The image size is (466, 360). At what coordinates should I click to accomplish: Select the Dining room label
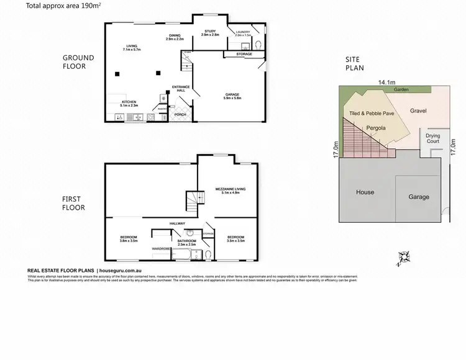[x=174, y=37]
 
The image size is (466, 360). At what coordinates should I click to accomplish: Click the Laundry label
[x=242, y=33]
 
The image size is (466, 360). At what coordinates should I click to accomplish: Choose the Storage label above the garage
[x=244, y=55]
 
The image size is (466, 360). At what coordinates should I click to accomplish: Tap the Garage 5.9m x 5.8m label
[x=232, y=96]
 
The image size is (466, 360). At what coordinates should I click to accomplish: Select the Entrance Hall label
[x=180, y=89]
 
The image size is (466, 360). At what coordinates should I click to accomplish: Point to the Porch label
[x=180, y=114]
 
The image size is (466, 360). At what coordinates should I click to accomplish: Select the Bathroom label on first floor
[x=187, y=242]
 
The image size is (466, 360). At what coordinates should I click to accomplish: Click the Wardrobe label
[x=162, y=249]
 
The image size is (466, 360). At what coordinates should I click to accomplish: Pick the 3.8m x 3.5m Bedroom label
[x=129, y=239]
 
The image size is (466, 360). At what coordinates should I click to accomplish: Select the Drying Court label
[x=433, y=138]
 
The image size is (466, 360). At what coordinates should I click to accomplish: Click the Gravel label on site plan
[x=421, y=111]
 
